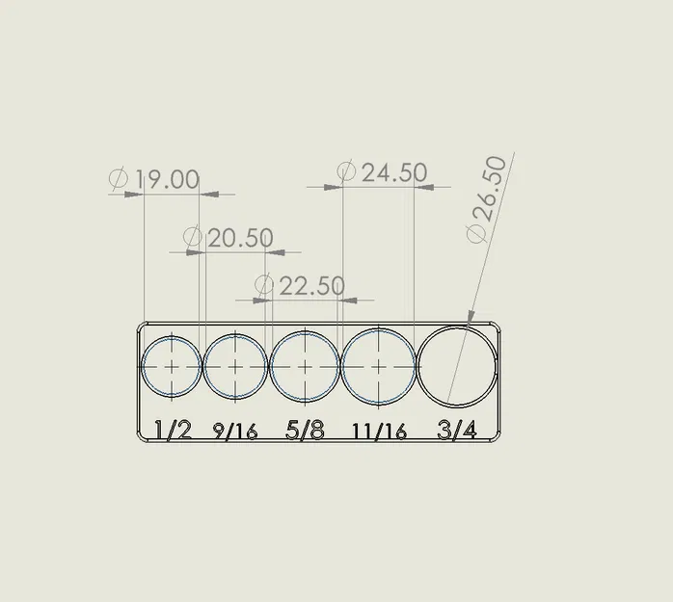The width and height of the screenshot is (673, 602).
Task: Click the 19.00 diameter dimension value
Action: click(x=167, y=180)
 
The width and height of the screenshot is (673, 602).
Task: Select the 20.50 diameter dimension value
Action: click(x=240, y=238)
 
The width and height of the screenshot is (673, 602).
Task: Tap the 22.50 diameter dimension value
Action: click(x=311, y=286)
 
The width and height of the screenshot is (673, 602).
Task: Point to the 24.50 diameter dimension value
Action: click(x=393, y=173)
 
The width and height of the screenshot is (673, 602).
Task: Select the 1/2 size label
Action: click(x=174, y=430)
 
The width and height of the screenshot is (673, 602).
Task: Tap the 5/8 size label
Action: click(x=305, y=430)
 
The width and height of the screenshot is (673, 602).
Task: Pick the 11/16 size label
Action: click(x=379, y=432)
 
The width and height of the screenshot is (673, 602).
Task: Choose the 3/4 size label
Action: click(x=457, y=430)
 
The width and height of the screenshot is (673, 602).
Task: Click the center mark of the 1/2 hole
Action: click(x=172, y=367)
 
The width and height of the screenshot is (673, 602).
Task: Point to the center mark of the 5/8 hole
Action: click(x=305, y=367)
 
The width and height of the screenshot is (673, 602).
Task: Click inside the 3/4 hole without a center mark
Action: click(x=457, y=367)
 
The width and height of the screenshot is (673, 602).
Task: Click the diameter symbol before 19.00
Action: click(x=120, y=179)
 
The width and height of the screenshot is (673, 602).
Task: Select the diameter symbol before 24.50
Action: click(x=347, y=172)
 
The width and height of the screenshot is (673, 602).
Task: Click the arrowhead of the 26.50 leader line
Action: click(x=469, y=319)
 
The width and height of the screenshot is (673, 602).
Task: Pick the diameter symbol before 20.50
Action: click(x=193, y=237)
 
